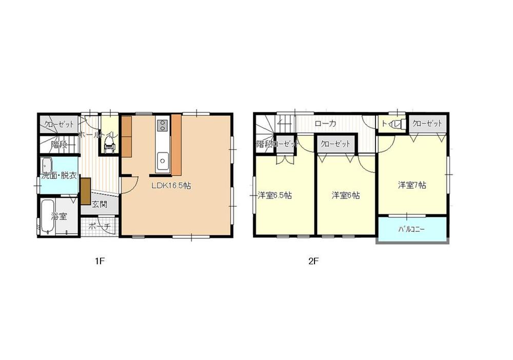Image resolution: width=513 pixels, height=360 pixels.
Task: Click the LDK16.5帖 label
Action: click(x=171, y=186)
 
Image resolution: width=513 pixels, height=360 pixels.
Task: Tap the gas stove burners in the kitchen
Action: click(x=162, y=125)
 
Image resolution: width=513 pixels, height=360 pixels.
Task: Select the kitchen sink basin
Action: click(x=163, y=159)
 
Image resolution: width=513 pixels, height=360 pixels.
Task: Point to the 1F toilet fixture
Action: click(x=108, y=146)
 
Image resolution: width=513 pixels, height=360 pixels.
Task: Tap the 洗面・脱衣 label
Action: click(x=60, y=176)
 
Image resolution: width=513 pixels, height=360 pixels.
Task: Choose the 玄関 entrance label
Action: click(x=100, y=205)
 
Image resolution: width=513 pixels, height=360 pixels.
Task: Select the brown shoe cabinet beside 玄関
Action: click(x=85, y=191)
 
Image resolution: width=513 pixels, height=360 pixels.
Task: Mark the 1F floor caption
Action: click(x=99, y=261)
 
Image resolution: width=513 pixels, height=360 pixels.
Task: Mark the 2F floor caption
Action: click(x=313, y=261)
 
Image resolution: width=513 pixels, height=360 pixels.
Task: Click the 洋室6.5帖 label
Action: click(x=275, y=195)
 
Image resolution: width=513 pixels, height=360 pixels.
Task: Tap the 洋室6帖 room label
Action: click(x=345, y=195)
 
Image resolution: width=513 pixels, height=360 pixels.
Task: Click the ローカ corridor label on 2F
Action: click(x=326, y=124)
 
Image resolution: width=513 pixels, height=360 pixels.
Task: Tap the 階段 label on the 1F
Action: click(x=59, y=144)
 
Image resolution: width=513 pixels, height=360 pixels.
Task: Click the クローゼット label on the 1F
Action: click(x=59, y=124)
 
